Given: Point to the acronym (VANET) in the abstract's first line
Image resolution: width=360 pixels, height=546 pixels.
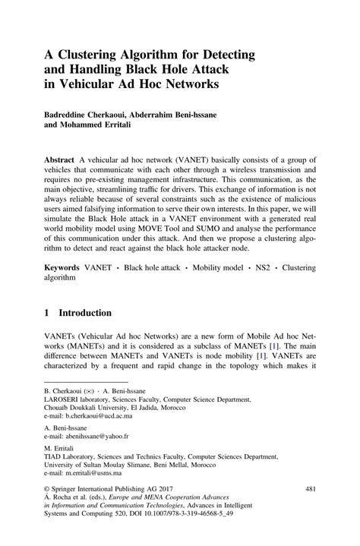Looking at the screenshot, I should click(191, 163).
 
